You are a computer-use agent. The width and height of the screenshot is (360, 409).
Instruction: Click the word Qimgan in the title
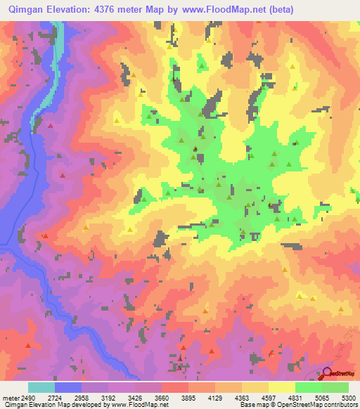27,10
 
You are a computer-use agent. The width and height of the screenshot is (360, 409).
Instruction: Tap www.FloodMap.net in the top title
223,10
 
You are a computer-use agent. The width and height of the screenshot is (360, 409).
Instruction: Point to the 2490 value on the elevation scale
28,398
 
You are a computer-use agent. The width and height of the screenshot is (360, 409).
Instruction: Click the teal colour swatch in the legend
41,387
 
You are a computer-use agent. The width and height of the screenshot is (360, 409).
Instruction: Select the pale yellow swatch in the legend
282,387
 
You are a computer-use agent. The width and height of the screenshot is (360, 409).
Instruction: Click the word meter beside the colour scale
11,398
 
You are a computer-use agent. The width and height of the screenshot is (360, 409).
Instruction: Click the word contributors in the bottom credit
340,405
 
